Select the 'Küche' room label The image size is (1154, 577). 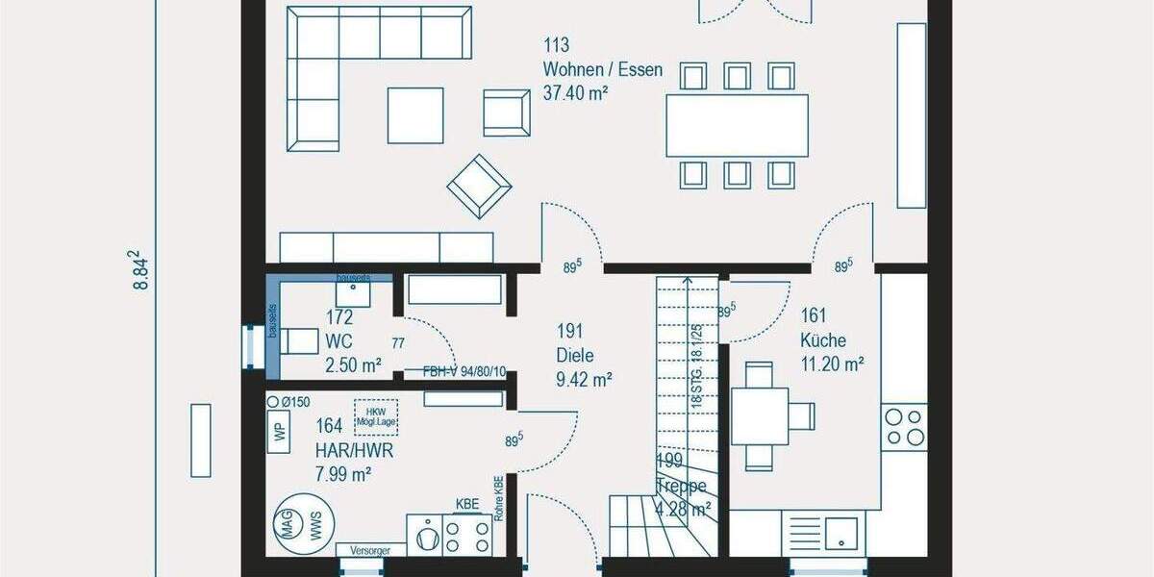point(823,339)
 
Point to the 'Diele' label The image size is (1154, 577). point(576,355)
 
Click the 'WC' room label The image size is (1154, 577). point(339,341)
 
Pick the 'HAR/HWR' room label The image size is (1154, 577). point(354,449)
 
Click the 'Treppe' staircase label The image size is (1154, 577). point(682,486)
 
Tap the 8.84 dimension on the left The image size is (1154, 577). point(141,270)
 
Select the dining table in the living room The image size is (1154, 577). point(737,125)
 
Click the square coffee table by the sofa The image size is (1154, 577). point(415,115)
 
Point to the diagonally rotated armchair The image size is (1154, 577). point(480,186)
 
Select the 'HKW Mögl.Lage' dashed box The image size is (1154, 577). point(376,415)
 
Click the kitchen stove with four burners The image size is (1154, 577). point(904,427)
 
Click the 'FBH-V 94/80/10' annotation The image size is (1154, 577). point(464,371)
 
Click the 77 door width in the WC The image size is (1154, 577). point(398,342)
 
